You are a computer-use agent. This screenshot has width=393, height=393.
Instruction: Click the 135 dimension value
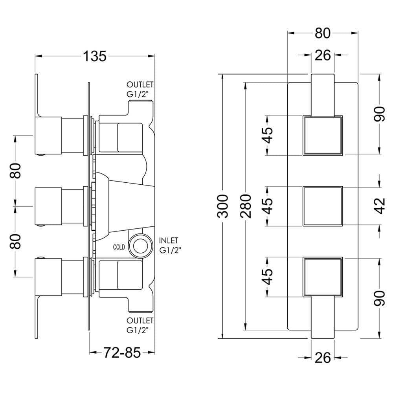pos(95,56)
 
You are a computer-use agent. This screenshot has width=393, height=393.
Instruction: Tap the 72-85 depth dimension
pos(122,353)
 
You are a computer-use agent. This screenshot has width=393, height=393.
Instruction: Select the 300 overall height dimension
pos(223,206)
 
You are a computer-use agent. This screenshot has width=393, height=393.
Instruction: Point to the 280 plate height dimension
pos(245,206)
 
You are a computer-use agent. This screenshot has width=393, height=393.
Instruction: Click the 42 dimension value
pos(380,206)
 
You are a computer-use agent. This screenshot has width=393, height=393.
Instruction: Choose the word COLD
pos(119,247)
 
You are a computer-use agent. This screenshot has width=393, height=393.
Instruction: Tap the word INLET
pos(169,241)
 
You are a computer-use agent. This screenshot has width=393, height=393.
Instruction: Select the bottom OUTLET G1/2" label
pos(140,325)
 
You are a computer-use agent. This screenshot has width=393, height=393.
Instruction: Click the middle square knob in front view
pos(323,206)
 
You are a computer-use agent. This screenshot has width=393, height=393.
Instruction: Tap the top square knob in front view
pos(323,135)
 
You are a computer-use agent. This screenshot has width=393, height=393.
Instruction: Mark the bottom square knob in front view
pos(323,277)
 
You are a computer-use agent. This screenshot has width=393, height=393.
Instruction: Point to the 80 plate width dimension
pos(323,33)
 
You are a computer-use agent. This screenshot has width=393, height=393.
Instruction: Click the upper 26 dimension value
pos(323,55)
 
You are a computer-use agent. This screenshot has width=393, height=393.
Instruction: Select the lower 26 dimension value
pos(323,358)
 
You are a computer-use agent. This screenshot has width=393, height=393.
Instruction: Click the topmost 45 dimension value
pos(268,135)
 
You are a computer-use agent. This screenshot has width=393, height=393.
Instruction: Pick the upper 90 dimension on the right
pos(380,114)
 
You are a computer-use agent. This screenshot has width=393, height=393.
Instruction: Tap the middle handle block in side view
pos(48,206)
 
